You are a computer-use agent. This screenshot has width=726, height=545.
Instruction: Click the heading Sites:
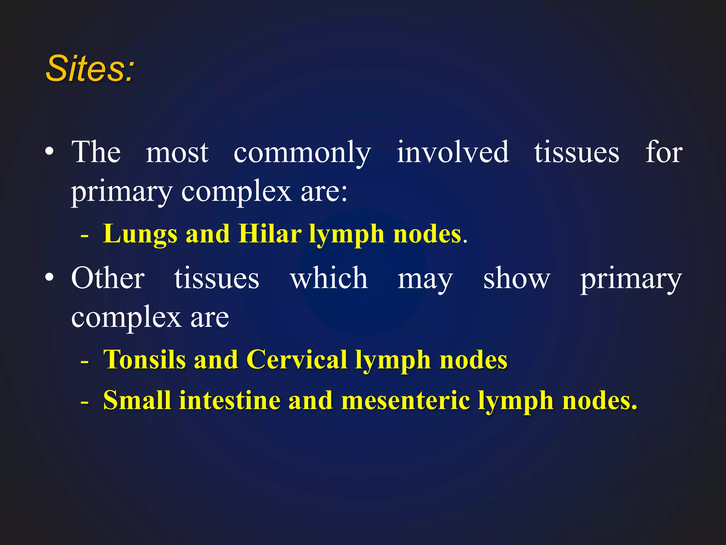tap(90, 68)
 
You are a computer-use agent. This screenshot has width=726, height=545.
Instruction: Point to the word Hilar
tap(270, 234)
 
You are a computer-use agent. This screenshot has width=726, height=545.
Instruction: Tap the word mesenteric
tap(405, 401)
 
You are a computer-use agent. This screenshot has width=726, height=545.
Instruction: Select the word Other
tap(108, 278)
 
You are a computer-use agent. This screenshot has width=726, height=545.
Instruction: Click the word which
tap(329, 278)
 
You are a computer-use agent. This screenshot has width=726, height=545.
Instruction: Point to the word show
tap(516, 279)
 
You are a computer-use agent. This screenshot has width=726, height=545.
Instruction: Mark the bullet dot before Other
tap(50, 277)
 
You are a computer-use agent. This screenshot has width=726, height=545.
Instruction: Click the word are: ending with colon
tap(324, 192)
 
